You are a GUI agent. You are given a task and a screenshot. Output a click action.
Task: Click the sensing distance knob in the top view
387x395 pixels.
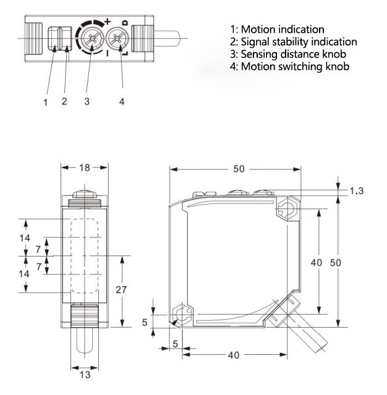pyautogui.click(x=91, y=41)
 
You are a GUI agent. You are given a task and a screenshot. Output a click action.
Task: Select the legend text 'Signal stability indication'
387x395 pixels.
pyautogui.click(x=293, y=42)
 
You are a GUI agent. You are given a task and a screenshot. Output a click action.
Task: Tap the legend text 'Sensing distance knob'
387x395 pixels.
pyautogui.click(x=284, y=54)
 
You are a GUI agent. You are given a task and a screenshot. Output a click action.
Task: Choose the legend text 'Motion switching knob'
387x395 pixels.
pyautogui.click(x=286, y=66)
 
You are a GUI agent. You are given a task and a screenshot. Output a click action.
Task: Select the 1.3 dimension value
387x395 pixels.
pyautogui.click(x=356, y=191)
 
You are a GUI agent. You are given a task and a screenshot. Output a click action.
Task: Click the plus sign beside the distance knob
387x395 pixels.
pyautogui.click(x=108, y=22)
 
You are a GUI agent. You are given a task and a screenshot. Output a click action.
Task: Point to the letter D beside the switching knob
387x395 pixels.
pyautogui.click(x=125, y=23)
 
